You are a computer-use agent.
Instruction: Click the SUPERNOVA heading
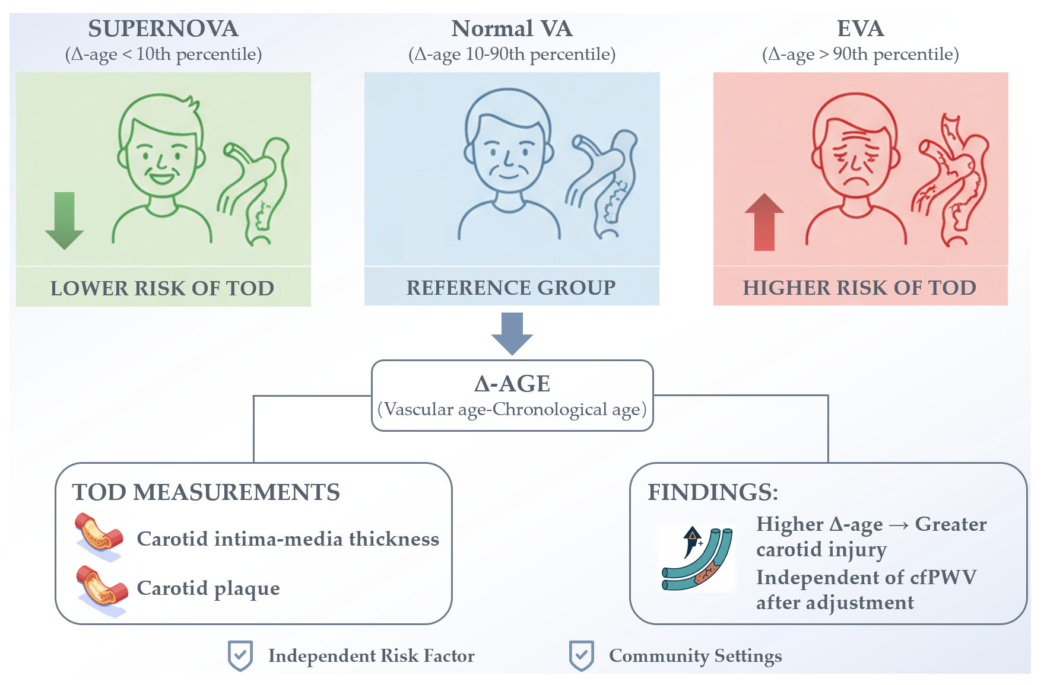(163, 28)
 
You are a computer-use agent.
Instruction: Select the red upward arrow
(764, 222)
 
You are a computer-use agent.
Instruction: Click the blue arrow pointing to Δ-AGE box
(512, 333)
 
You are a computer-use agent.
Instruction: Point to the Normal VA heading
(512, 28)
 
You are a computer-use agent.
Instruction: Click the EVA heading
(860, 28)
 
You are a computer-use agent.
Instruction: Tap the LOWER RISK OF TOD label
(162, 288)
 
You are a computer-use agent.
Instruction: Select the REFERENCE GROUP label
(511, 288)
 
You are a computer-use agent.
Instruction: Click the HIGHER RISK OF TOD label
(859, 288)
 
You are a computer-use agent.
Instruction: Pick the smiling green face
(161, 151)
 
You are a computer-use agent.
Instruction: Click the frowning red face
(855, 151)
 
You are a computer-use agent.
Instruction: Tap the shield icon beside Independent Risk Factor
(240, 655)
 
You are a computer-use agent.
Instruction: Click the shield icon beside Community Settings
(581, 655)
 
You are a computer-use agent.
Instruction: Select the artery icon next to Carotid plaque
(101, 590)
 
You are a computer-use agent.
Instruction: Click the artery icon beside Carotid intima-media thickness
(99, 537)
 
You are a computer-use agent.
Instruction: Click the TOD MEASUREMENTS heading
(206, 492)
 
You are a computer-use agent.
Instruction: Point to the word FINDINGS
(712, 492)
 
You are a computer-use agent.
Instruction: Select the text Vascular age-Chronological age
(512, 409)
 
